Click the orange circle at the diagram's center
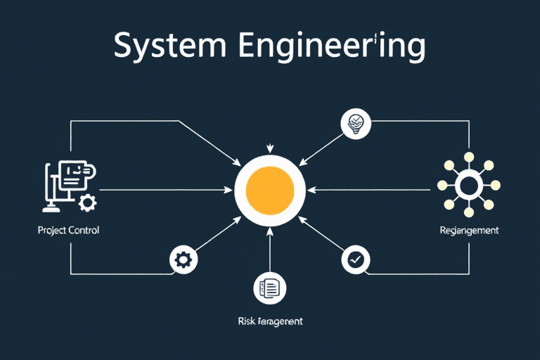[x=270, y=189]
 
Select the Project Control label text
[x=69, y=231]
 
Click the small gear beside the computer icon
[x=88, y=203]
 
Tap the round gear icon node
[x=183, y=260]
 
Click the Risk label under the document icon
[x=270, y=321]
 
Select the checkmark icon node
[x=355, y=259]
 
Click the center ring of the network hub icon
[x=468, y=186]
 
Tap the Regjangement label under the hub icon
[x=468, y=231]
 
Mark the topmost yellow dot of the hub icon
[x=468, y=157]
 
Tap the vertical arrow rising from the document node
[x=270, y=250]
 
